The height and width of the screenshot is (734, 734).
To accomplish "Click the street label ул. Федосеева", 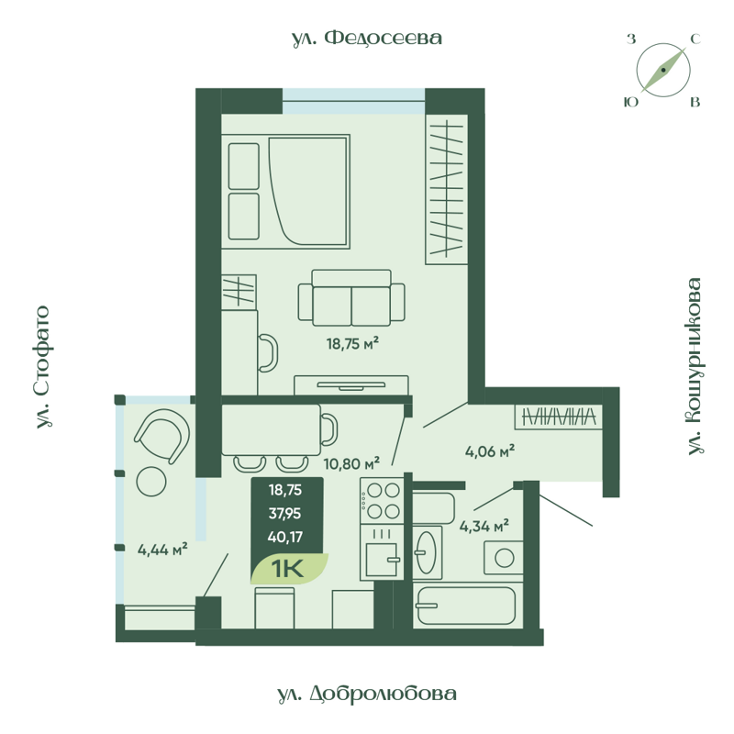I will pos(367,38).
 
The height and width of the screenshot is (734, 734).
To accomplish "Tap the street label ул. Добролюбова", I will pos(366,694).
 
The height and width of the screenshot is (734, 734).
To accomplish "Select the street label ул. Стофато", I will pos(42,368).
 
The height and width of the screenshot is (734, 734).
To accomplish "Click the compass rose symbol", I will pos(663,71).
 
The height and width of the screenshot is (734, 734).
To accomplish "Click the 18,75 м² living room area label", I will pos(352,344).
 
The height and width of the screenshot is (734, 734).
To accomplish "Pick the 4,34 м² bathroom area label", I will pos(484,527).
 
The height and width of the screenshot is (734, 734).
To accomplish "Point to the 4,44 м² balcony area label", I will pos(162,550).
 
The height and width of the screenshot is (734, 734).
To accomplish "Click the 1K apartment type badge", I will pos(288,569).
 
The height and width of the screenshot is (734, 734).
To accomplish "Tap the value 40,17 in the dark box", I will pos(286,538).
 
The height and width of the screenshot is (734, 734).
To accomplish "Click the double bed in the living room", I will pos(285,190).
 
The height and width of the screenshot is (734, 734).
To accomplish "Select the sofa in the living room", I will pos(351,299).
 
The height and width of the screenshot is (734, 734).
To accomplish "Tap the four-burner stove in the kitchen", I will pos(382,501).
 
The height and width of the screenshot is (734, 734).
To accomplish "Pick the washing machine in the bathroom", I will pos(502,556).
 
